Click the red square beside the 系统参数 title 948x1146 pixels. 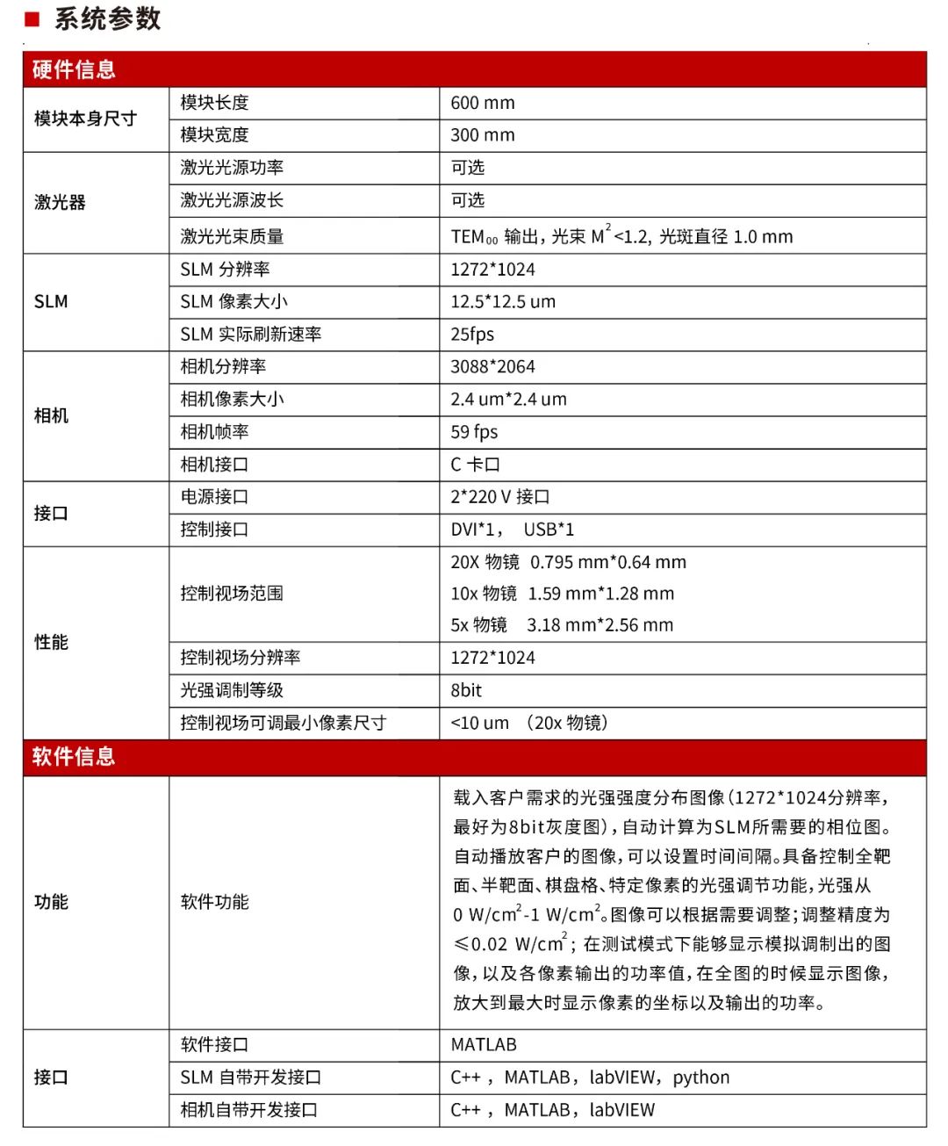click(32, 18)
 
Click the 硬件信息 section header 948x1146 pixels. click(74, 70)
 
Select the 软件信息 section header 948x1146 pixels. click(74, 757)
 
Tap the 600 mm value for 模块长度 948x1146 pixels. click(483, 103)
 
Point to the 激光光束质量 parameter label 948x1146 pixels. click(232, 236)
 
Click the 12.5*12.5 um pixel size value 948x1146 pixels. click(503, 302)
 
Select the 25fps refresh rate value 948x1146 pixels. click(472, 335)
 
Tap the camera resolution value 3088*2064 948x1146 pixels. click(492, 367)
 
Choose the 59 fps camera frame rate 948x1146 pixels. click(474, 432)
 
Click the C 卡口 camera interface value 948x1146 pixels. click(475, 465)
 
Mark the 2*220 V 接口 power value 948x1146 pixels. click(500, 497)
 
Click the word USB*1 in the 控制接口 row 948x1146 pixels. click(549, 530)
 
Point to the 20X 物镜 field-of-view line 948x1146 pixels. click(568, 562)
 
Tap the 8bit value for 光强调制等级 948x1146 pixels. click(466, 690)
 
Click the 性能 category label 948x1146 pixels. click(51, 643)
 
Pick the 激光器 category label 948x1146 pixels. click(60, 203)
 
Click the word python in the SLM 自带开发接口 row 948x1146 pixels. click(701, 1078)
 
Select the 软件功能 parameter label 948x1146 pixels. click(215, 902)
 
